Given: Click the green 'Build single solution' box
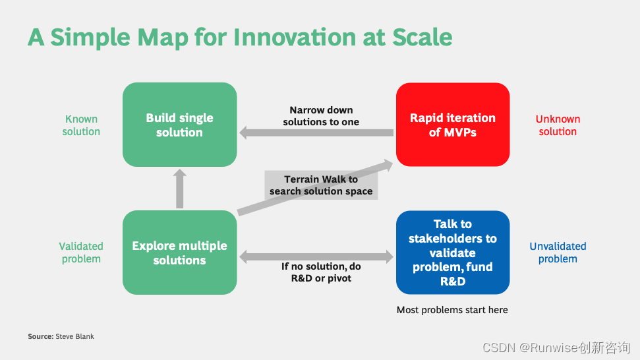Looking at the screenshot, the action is [x=179, y=125].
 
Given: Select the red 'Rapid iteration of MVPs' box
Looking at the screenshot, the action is [x=453, y=125].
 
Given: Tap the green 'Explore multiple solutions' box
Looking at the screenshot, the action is [x=179, y=253].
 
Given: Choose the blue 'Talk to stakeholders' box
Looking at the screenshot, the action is [x=453, y=253].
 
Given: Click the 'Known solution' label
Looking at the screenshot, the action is [x=81, y=125].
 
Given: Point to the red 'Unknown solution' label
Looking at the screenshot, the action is [x=558, y=125].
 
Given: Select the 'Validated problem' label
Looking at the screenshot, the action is [x=81, y=253].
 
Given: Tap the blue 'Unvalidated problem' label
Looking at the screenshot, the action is [x=558, y=253].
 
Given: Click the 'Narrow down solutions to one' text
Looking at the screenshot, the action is [x=321, y=116].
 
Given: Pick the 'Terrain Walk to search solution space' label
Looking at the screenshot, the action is [x=321, y=185].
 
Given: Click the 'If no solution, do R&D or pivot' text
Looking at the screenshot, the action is [x=321, y=272].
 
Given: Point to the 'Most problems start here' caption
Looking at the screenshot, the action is [x=452, y=310].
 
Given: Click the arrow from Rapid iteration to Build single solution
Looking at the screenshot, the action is [x=316, y=133].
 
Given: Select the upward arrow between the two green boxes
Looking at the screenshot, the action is [x=179, y=189].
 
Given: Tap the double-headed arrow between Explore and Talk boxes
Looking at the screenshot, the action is [x=316, y=256].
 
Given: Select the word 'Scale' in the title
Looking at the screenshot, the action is [x=422, y=37].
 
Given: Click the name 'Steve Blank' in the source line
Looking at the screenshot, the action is [x=74, y=336].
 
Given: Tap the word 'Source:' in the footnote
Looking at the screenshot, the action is [x=41, y=336].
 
